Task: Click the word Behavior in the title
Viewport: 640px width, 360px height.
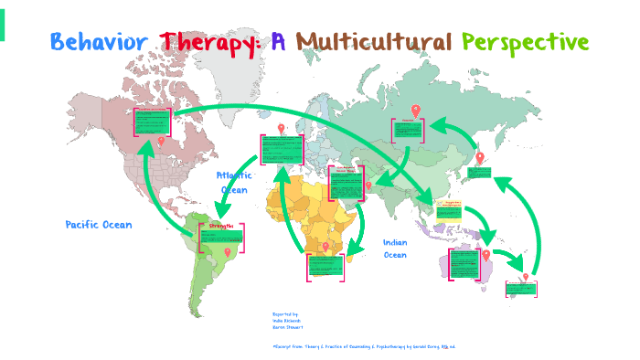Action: (x=100, y=42)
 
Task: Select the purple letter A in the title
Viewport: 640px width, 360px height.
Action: (x=278, y=42)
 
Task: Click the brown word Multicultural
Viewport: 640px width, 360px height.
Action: (x=374, y=42)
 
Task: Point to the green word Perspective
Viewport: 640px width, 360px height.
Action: (x=525, y=42)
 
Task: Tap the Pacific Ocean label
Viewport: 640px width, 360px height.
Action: (x=99, y=225)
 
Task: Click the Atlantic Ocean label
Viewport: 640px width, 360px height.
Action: (x=234, y=182)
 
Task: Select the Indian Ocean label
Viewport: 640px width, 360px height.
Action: (x=395, y=249)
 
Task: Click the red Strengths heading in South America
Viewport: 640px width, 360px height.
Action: (x=221, y=225)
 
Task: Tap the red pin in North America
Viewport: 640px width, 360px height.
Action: (x=162, y=141)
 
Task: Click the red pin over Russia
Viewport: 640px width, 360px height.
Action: (x=415, y=111)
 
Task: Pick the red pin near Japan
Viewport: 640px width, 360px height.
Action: (x=480, y=157)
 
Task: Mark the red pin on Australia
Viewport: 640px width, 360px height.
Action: (x=487, y=254)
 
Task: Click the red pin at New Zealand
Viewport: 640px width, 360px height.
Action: (x=526, y=277)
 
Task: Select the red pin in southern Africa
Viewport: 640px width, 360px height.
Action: (x=325, y=247)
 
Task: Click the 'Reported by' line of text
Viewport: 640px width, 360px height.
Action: (x=285, y=313)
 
